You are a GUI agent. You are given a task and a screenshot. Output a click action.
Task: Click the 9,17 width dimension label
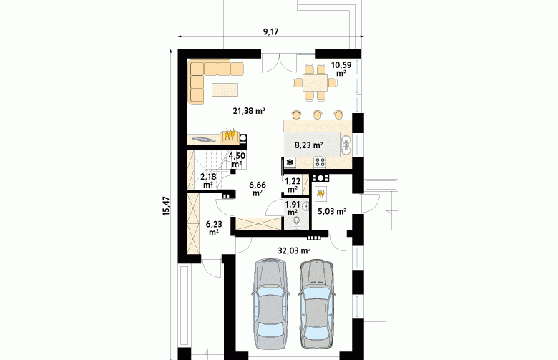[270, 31]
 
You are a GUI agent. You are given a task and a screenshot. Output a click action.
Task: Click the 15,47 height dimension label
[166, 206]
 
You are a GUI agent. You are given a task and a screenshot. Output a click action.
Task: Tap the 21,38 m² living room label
[249, 111]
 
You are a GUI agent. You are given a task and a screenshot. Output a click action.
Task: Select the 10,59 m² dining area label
[341, 69]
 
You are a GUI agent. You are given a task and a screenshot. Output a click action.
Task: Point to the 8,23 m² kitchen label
[308, 145]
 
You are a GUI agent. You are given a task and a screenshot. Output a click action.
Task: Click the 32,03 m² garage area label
[294, 250]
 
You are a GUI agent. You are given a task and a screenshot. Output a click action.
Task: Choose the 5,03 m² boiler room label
[332, 212]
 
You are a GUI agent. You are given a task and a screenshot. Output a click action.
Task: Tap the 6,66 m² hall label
[258, 189]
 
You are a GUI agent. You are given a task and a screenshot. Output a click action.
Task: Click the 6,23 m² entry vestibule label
[214, 228]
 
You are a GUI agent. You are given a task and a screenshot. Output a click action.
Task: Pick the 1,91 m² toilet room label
[293, 208]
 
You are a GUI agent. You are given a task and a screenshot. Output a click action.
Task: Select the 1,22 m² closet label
[293, 185]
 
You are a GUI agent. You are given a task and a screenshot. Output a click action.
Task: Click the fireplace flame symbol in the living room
[230, 135]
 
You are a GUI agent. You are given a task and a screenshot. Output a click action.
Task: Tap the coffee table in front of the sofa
[225, 89]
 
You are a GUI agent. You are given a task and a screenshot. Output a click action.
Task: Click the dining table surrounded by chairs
[315, 83]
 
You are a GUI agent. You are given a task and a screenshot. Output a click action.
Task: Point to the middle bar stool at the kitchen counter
[317, 115]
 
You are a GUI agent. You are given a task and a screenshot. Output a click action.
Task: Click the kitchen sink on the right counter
[346, 144]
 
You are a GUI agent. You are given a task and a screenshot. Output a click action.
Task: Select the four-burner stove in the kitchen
[320, 162]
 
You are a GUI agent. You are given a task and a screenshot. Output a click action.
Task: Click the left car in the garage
[270, 303]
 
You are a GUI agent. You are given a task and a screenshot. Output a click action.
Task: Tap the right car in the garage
[316, 303]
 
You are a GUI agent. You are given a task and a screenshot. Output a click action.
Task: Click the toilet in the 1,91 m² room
[296, 223]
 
